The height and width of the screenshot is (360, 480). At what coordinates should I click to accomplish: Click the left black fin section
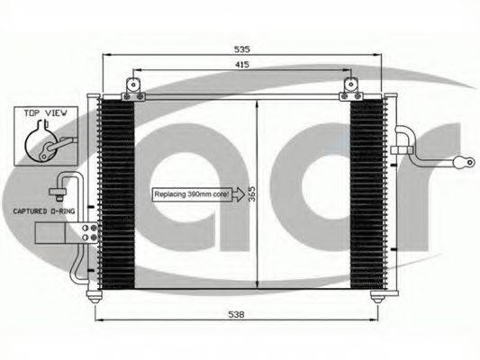(x=117, y=194)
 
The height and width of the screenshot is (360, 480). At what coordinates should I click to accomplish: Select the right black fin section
(x=367, y=194)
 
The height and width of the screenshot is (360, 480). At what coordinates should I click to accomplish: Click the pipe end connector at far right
(x=466, y=163)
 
